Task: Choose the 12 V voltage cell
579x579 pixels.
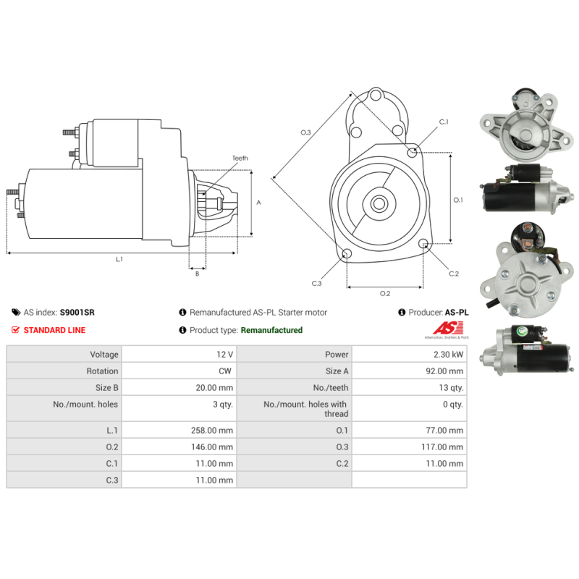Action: coord(225,355)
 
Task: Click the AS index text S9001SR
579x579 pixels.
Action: coord(77,313)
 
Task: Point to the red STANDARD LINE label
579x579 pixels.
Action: coord(54,330)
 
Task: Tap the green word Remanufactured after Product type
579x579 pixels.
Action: coord(271,330)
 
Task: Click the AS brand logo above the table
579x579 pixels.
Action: coord(445,331)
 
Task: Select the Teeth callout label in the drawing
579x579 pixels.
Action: coord(240,158)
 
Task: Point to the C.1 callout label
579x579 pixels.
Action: coord(444,122)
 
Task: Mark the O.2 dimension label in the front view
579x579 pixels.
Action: coord(385,293)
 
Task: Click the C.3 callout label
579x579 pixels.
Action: coord(316,284)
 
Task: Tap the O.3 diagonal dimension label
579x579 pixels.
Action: coord(305,132)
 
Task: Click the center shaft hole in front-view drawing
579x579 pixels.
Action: coord(379,203)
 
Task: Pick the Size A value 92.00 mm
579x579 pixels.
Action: coord(446,371)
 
